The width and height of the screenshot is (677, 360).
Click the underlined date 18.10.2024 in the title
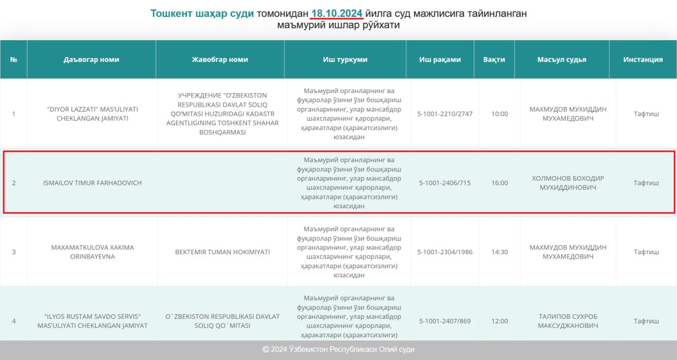coord(337,13)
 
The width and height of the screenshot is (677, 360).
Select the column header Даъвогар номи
coord(92,59)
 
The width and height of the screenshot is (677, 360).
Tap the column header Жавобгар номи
coord(220,59)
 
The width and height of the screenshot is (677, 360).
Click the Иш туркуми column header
coord(345,59)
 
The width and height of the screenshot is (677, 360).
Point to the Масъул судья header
coord(562,59)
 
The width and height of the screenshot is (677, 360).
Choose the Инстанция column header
coord(643,59)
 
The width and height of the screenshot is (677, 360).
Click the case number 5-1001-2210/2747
coord(445,114)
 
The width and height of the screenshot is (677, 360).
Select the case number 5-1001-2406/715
coord(445,183)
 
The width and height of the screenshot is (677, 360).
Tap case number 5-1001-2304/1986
coord(445,252)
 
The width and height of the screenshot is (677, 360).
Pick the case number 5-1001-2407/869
coord(445,321)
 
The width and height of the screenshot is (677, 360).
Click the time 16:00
coord(499,183)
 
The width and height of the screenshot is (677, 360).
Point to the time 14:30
coord(499,252)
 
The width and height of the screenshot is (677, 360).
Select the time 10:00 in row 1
coord(499,114)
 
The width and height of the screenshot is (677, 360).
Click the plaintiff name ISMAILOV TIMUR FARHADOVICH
coord(93,183)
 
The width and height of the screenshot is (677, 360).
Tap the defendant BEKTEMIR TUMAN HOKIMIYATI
coord(222,252)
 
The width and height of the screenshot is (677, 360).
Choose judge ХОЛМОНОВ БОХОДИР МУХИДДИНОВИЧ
coord(568,183)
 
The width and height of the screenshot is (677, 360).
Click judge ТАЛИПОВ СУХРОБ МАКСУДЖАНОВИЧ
coord(568,321)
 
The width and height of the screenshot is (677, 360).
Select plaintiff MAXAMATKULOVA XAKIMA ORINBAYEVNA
coord(93,252)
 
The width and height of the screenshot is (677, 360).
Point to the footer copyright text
coord(338,349)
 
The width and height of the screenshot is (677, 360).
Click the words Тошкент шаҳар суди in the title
coord(202,13)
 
